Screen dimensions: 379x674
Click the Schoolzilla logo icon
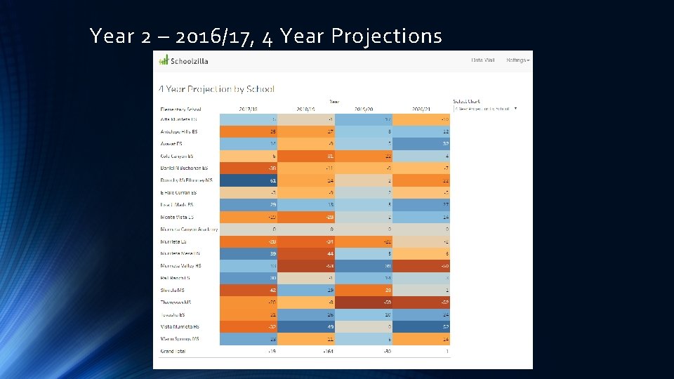pyautogui.click(x=163, y=60)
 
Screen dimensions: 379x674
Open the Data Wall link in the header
pyautogui.click(x=483, y=60)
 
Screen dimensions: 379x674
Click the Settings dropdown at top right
pyautogui.click(x=518, y=60)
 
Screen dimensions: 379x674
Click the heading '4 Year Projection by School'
pyautogui.click(x=216, y=89)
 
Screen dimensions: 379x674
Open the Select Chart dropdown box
pyautogui.click(x=485, y=109)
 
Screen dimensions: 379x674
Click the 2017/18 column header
pyautogui.click(x=249, y=109)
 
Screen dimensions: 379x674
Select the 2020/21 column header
pyautogui.click(x=421, y=109)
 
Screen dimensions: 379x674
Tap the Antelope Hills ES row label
pyautogui.click(x=179, y=132)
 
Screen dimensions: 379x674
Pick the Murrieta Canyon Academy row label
pyautogui.click(x=189, y=229)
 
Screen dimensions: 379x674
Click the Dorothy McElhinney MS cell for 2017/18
pyautogui.click(x=249, y=180)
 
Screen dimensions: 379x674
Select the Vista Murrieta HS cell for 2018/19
pyautogui.click(x=306, y=326)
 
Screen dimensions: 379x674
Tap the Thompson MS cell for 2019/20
pyautogui.click(x=364, y=302)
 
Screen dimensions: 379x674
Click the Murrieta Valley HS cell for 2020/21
pyautogui.click(x=421, y=265)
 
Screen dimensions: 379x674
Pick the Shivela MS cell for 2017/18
pyautogui.click(x=249, y=290)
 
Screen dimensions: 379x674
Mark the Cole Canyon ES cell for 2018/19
pyautogui.click(x=306, y=156)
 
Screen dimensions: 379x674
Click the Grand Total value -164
pyautogui.click(x=306, y=351)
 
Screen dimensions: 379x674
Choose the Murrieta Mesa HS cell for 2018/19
pyautogui.click(x=306, y=253)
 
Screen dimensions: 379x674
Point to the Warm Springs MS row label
pyautogui.click(x=180, y=338)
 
